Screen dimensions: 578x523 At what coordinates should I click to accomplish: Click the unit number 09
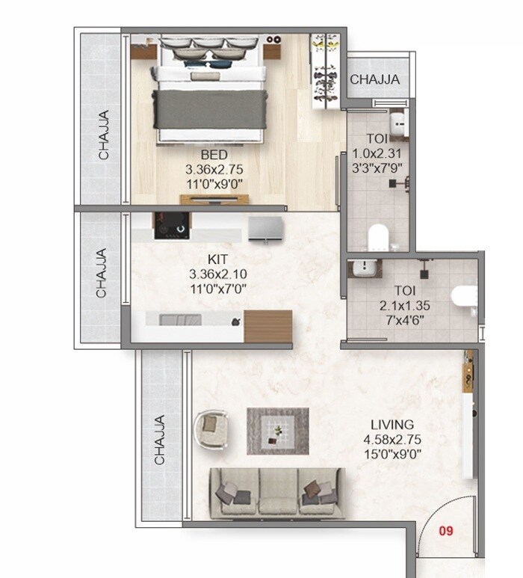[446, 532]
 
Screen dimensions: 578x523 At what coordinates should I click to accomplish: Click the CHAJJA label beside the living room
[159, 440]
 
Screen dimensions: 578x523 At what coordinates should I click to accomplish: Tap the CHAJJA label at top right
[374, 79]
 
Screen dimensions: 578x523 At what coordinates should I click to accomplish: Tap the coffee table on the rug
[278, 431]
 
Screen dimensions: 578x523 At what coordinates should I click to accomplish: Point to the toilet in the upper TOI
[380, 238]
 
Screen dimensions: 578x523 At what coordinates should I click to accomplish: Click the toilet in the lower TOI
[464, 296]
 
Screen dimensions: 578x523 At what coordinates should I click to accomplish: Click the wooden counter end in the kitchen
[267, 326]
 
